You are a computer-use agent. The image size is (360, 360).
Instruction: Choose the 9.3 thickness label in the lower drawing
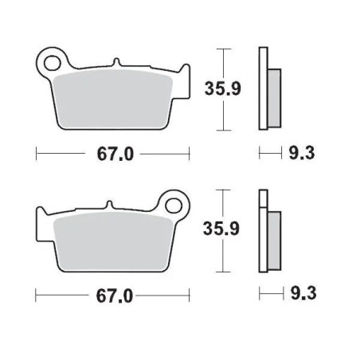[x=302, y=296]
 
